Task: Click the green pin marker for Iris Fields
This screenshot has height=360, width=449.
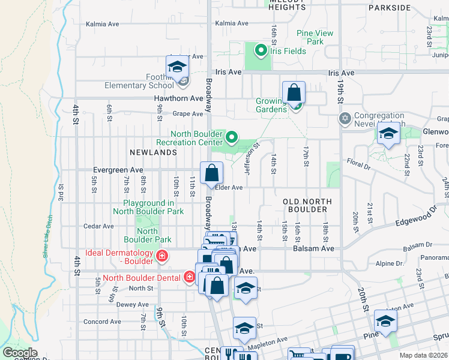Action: click(261, 50)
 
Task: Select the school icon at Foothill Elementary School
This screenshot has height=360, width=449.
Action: click(177, 67)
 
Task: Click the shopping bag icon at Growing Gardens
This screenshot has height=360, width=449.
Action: click(294, 94)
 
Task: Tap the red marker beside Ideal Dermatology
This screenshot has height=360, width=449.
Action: click(161, 257)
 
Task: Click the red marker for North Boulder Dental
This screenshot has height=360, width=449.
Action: click(190, 277)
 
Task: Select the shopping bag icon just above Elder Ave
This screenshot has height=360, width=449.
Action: click(211, 174)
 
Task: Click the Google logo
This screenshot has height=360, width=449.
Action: click(19, 353)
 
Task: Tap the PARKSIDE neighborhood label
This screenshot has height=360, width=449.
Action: click(390, 8)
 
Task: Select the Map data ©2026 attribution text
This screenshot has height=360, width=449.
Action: click(423, 355)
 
